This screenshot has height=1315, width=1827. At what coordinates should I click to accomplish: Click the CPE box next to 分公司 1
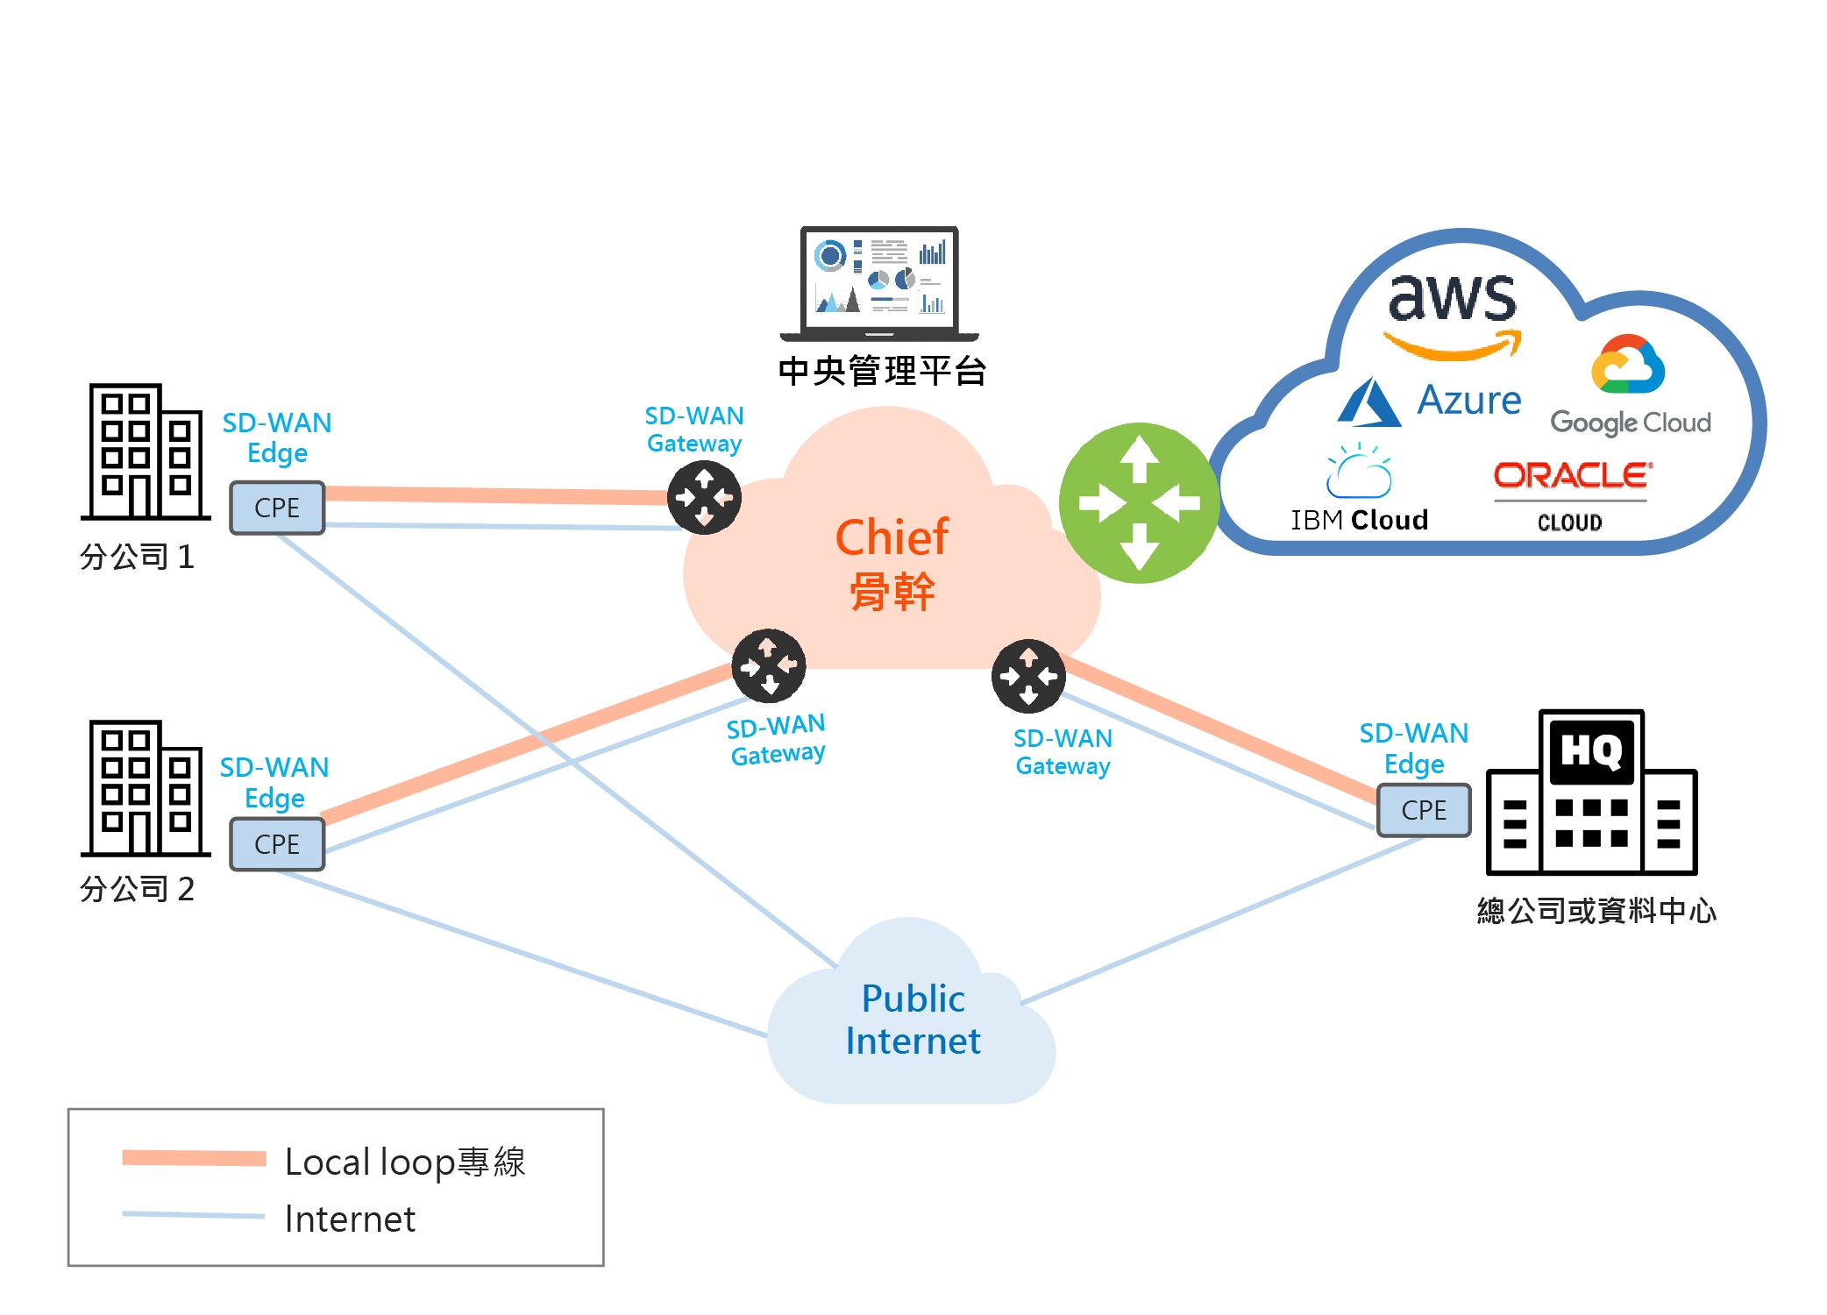coord(277,508)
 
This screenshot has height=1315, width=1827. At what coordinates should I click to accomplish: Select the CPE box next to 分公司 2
coord(277,844)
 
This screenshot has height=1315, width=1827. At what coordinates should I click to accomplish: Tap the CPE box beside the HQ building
coord(1424,810)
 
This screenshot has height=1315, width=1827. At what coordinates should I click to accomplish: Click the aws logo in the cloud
coord(1453,311)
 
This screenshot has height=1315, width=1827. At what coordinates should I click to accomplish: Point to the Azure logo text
coord(1469,400)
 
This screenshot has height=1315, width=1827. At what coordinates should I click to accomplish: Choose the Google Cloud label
coord(1631,423)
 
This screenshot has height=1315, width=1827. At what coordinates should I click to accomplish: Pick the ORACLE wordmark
coord(1573,475)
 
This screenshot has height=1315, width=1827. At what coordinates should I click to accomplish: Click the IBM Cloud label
coord(1360,520)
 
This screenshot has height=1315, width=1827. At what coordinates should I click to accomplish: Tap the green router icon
coord(1139,503)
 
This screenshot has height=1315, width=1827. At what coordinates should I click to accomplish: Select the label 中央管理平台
coord(883,371)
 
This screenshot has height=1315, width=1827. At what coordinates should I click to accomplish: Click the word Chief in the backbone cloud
coord(892,537)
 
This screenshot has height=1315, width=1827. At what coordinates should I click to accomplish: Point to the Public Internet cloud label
coord(913,1020)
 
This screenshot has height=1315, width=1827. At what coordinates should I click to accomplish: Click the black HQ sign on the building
coord(1591,750)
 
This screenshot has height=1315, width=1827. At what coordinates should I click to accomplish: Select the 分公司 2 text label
coord(137,889)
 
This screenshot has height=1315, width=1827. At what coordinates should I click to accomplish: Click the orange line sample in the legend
coord(194,1158)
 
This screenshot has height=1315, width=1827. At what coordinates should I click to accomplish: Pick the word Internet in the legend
coord(350,1219)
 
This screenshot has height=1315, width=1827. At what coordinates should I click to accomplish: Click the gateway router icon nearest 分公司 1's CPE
coord(704,498)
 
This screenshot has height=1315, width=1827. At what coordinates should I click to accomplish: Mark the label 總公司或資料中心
coord(1596,911)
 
